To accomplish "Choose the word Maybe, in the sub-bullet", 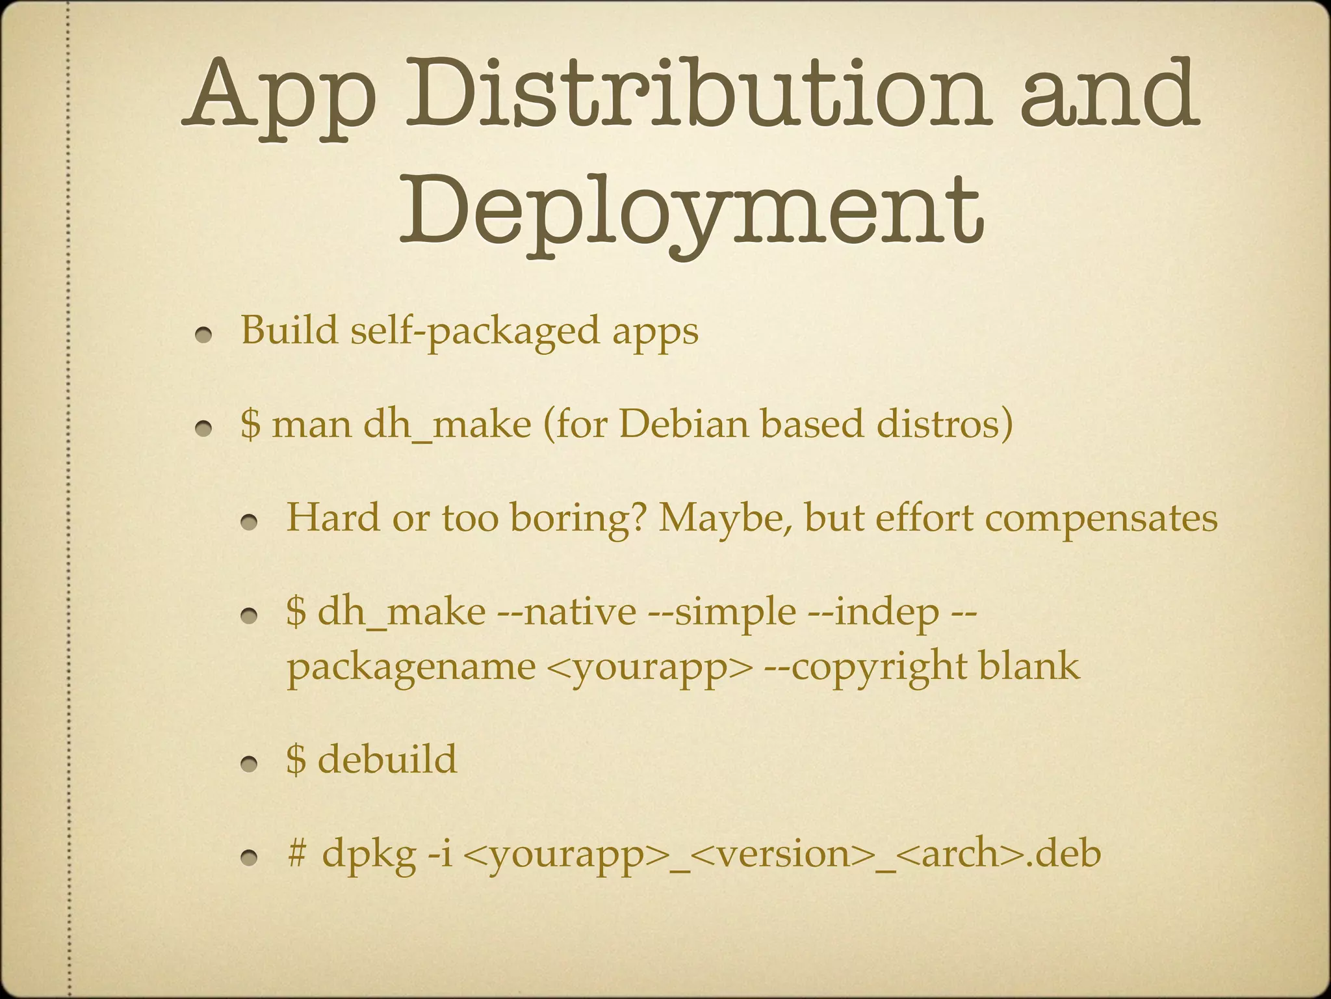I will point(726,519).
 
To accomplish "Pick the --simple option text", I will point(722,613).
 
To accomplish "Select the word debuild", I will point(387,759).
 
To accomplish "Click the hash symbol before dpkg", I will point(296,853).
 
